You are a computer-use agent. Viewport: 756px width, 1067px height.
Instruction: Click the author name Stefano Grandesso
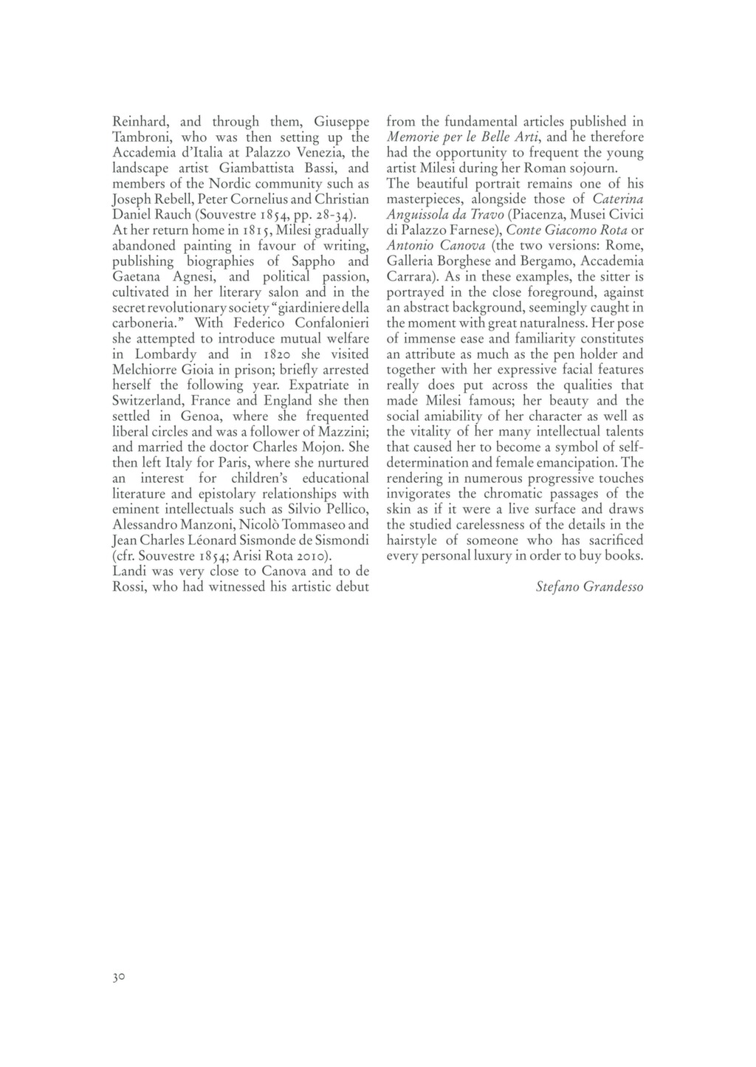pos(589,587)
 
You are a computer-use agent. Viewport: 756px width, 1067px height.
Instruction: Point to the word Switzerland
pos(147,401)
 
